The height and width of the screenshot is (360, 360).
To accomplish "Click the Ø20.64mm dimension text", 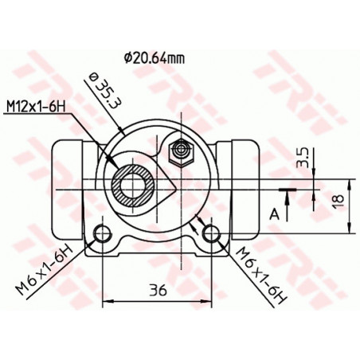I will (155, 57).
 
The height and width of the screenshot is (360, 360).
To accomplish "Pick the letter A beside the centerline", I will (274, 213).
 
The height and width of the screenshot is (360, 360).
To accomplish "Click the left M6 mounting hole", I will (102, 233).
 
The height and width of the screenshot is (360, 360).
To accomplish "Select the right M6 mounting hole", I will (211, 233).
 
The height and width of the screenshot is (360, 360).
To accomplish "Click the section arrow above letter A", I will (286, 190).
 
